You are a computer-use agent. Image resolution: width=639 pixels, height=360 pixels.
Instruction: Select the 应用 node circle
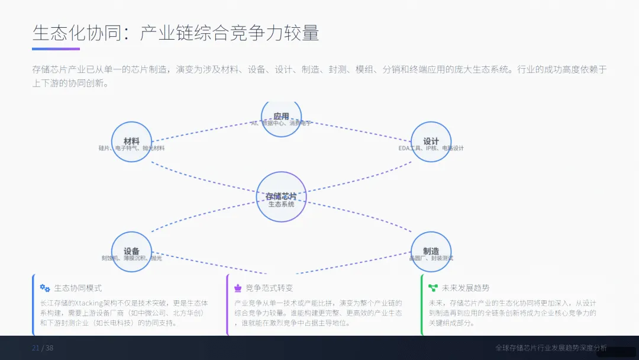[x=281, y=115]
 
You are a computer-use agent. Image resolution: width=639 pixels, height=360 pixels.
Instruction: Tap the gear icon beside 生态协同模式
[x=45, y=288]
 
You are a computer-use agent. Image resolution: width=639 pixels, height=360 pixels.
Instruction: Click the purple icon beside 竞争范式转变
[x=238, y=288]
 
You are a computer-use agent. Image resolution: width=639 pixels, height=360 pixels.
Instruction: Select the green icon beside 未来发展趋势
[x=433, y=288]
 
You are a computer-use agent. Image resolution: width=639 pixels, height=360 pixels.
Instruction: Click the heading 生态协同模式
[x=78, y=288]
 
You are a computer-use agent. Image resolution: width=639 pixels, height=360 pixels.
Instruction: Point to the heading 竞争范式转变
[x=269, y=288]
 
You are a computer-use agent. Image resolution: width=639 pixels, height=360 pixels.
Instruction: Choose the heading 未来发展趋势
[x=466, y=288]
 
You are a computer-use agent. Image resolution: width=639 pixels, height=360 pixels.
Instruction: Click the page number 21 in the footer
[x=35, y=348]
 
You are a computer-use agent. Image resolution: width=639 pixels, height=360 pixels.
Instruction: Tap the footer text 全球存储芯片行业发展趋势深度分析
[x=551, y=348]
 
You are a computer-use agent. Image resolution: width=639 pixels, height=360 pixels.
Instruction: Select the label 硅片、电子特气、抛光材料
[x=132, y=148]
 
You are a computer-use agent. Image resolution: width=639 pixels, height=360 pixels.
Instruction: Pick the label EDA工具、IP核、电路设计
[x=431, y=148]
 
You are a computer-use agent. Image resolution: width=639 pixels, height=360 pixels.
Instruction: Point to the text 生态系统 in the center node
[x=281, y=204]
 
